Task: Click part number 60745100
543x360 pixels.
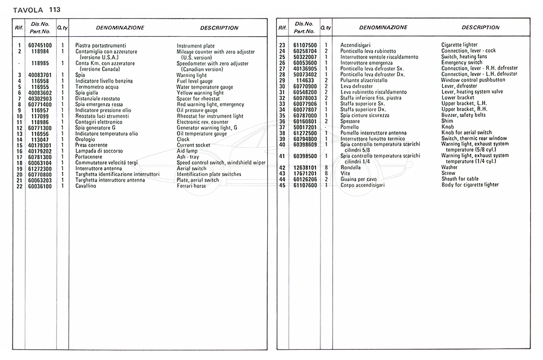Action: click(40, 45)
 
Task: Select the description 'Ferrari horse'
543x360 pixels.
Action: click(191, 186)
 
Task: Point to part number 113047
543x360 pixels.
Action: click(40, 139)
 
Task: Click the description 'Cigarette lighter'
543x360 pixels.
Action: click(459, 45)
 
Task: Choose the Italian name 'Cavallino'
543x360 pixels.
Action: click(87, 186)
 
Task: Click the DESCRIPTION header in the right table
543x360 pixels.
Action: click(481, 28)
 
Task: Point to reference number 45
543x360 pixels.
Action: click(282, 185)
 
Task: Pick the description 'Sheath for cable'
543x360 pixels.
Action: click(460, 179)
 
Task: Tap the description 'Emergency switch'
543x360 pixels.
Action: click(462, 63)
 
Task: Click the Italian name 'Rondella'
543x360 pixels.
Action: click(351, 168)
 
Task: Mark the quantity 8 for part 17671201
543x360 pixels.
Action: click(326, 174)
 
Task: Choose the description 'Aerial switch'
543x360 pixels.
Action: click(192, 169)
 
